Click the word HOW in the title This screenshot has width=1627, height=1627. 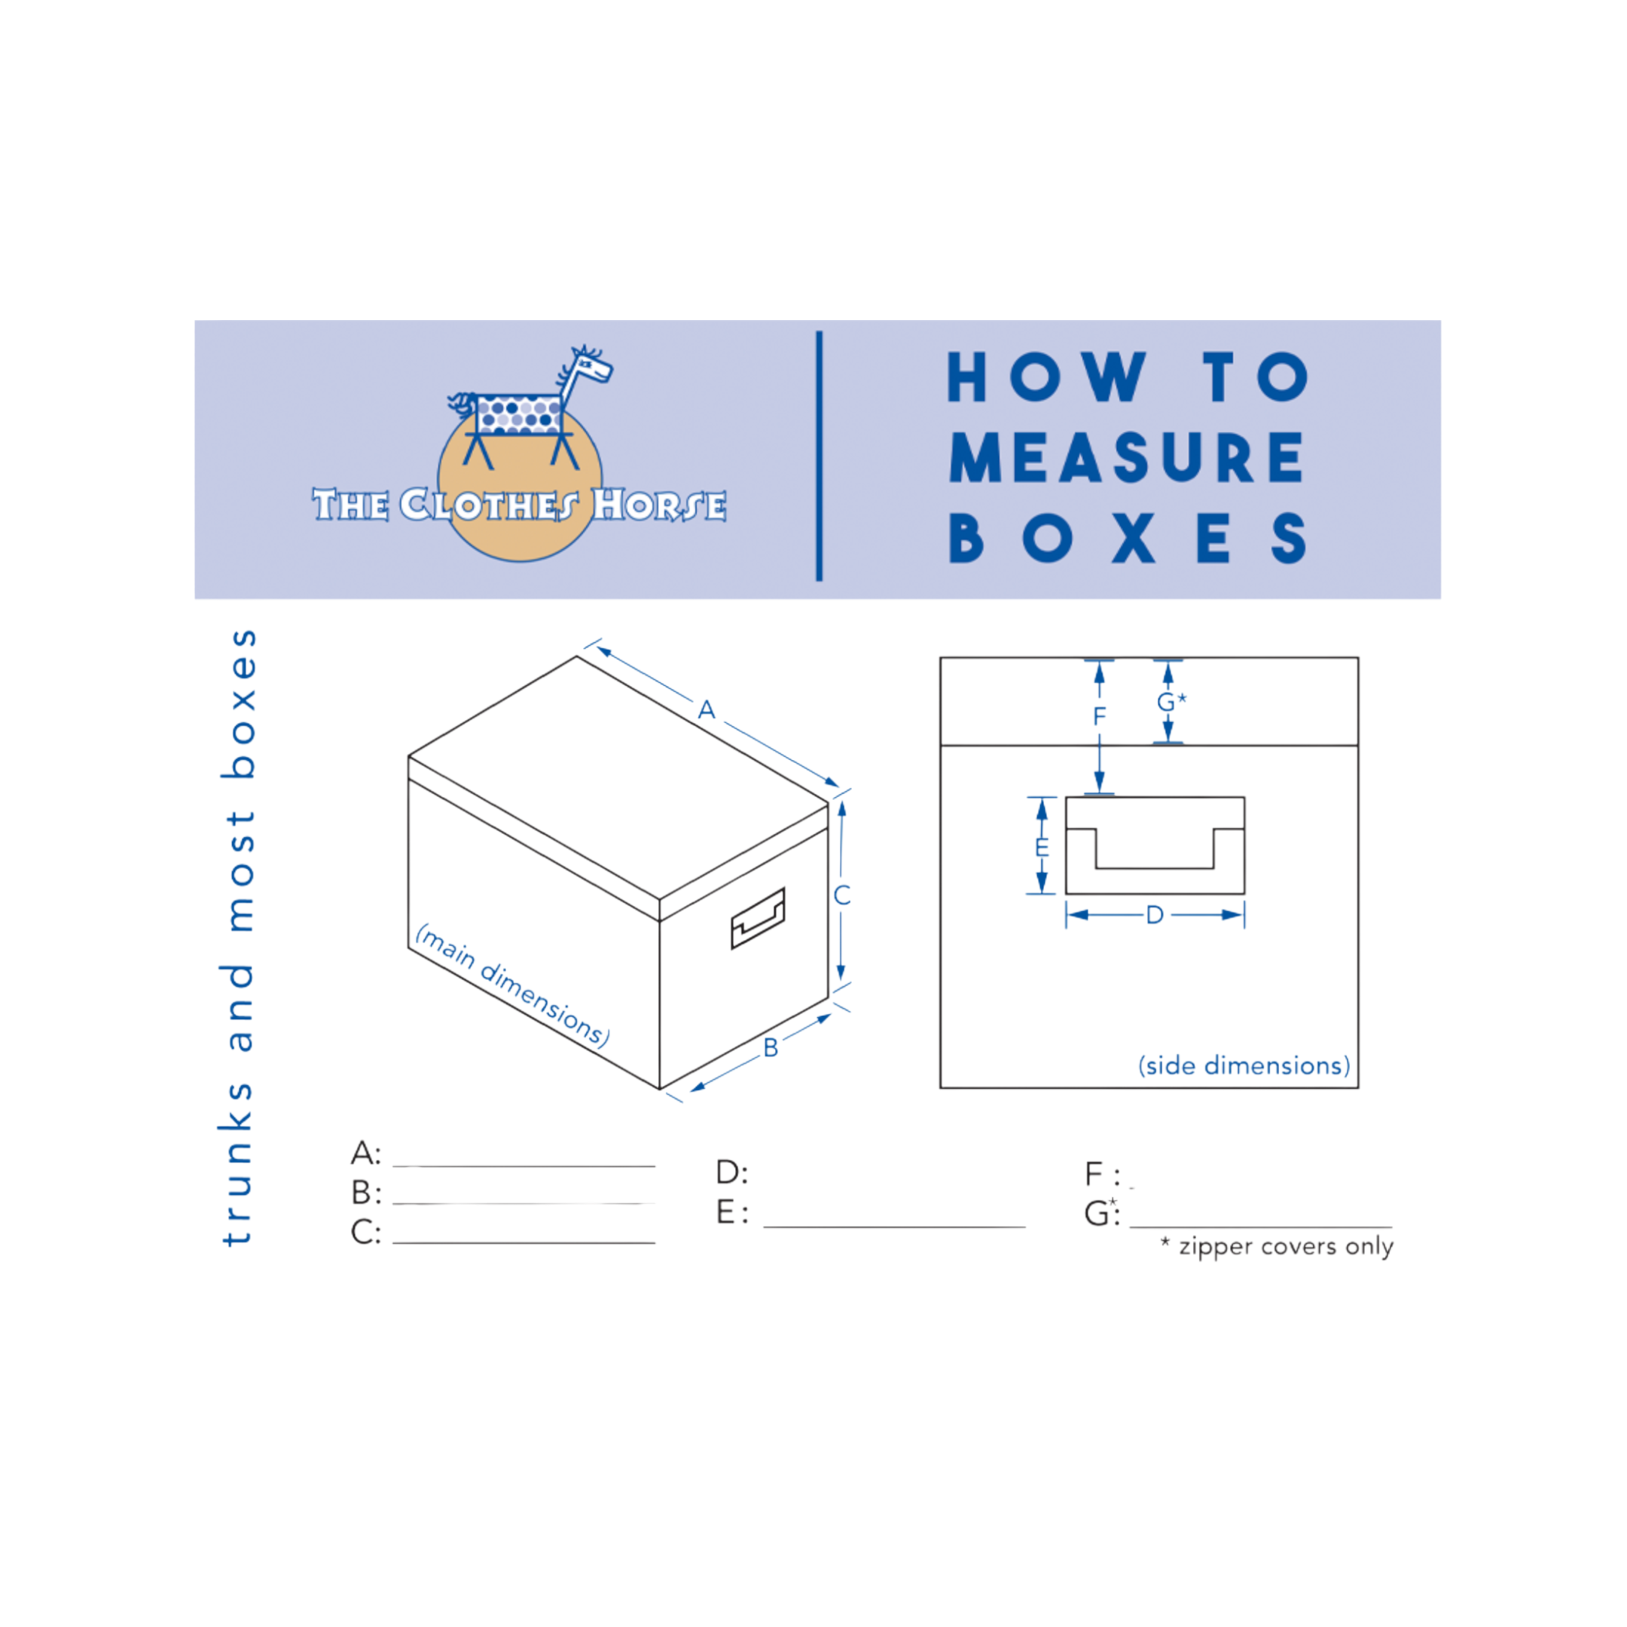[x=1048, y=378]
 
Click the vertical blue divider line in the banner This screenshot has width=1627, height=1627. [x=820, y=456]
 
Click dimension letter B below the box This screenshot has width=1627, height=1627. [x=771, y=1048]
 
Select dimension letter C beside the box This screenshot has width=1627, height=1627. [x=842, y=895]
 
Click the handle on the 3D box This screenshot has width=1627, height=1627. [x=758, y=917]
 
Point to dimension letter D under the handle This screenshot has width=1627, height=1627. [x=1155, y=915]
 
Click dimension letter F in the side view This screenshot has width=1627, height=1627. [x=1099, y=716]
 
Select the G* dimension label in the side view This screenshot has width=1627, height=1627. [x=1171, y=701]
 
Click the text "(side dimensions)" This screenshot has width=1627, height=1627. [x=1244, y=1066]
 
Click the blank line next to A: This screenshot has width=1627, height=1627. [x=524, y=1165]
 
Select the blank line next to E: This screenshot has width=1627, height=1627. [x=894, y=1227]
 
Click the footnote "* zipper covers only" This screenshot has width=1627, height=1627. [x=1276, y=1247]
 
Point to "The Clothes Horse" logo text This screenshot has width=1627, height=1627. [x=519, y=505]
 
